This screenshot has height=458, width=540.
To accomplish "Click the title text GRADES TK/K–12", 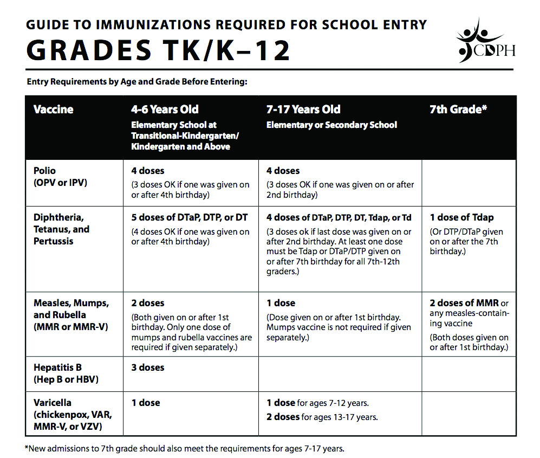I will pos(158,50).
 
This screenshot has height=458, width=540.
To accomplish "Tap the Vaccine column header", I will pos(53,109).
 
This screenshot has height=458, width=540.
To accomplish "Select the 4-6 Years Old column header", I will pos(165,109).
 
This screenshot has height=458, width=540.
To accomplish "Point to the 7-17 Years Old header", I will pos(303,109).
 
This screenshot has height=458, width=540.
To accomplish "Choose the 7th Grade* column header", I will pos(458,109).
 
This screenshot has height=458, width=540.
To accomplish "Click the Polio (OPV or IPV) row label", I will pos(60,177).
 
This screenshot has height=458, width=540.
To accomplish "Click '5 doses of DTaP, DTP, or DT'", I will pos(189,218).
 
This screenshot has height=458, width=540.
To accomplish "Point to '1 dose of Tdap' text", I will pos(461,218).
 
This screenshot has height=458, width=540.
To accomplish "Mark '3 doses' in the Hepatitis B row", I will pos(147,367).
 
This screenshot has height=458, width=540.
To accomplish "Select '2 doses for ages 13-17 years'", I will pos(322,417).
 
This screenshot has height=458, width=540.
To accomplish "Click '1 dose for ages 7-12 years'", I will pos(317,403).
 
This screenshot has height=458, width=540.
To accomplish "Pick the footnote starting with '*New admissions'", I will pos(184,449).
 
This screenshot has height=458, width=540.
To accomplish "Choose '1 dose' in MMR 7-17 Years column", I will pos(281,303).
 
